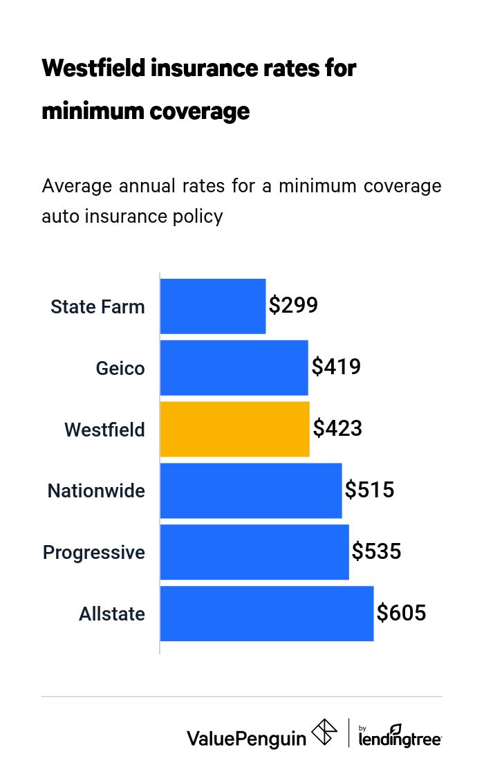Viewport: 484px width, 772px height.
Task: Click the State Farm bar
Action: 213,306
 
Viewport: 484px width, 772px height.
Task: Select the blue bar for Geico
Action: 234,367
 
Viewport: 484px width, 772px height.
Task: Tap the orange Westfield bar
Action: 234,429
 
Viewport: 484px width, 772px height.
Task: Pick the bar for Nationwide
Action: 251,490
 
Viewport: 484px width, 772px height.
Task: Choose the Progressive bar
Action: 254,552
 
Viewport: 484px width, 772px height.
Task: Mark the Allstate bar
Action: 267,614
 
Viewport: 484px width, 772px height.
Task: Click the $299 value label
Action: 293,306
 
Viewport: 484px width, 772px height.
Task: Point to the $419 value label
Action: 336,367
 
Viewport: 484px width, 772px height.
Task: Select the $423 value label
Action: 337,428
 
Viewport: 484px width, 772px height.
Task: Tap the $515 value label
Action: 370,490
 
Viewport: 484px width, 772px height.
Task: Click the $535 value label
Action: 377,551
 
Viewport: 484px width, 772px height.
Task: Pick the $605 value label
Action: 402,613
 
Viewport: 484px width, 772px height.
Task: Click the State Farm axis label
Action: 97,306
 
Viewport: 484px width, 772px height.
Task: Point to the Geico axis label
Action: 120,368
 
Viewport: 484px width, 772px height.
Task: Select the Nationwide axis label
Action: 96,491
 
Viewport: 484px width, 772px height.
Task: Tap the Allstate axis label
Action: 112,614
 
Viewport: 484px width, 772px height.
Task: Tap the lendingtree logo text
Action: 400,738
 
